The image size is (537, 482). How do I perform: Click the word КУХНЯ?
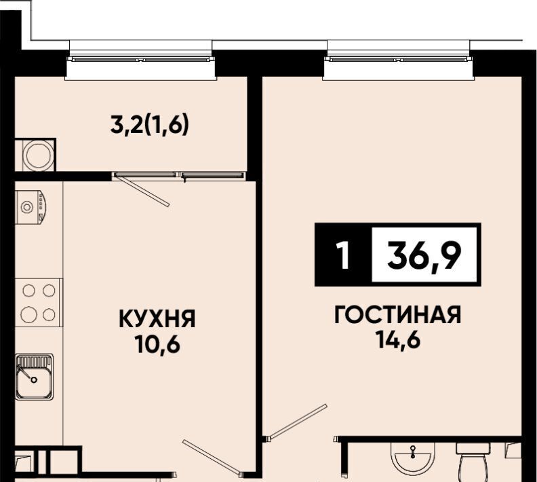[157, 318]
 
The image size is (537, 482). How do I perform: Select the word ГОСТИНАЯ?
[398, 315]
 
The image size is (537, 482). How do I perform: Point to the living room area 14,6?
[398, 339]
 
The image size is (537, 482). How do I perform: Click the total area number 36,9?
[424, 255]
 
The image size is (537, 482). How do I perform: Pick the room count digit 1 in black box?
[343, 255]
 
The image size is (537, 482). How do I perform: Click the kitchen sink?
[35, 377]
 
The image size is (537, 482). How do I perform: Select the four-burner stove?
[39, 303]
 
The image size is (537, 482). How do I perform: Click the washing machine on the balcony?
[39, 155]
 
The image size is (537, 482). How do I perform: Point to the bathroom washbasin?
[413, 458]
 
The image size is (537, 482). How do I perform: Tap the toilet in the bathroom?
[473, 461]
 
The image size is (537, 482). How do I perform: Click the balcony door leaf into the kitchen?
[142, 190]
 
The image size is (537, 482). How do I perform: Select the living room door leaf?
[297, 422]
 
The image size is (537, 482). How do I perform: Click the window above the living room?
[399, 60]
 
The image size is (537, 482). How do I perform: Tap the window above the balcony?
[141, 60]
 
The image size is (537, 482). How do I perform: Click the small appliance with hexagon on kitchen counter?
[31, 207]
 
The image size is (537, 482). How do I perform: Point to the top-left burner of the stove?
[28, 291]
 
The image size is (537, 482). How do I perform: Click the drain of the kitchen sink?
[34, 380]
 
